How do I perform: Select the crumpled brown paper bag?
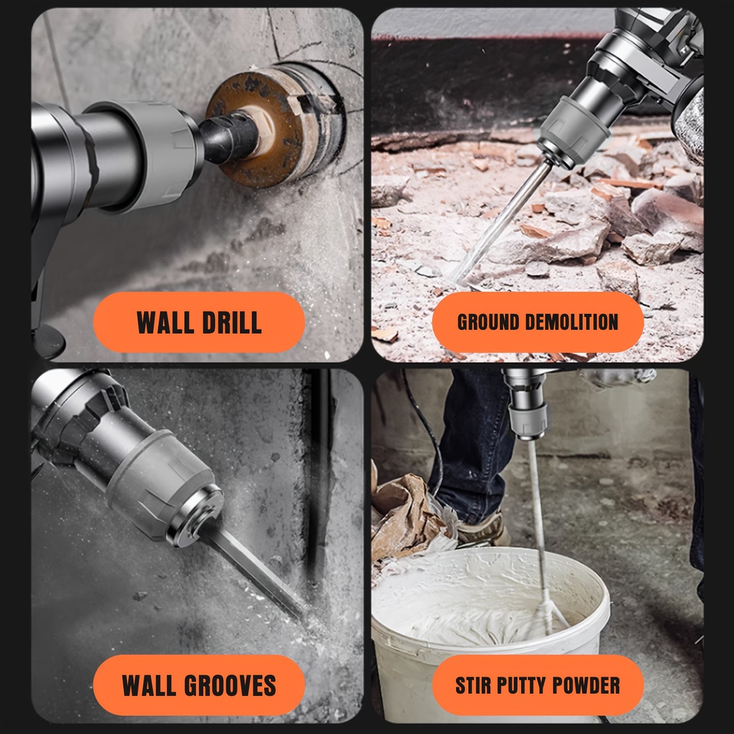pyautogui.click(x=407, y=518)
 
